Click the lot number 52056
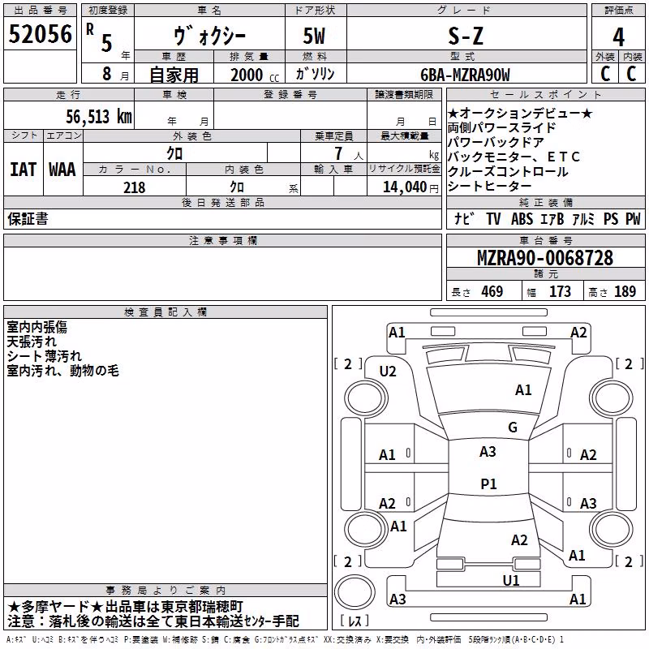coord(40,34)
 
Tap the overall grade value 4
coord(618,37)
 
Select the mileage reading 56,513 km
coord(99,116)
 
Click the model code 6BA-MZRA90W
coord(465,75)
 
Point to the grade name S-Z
coord(466,36)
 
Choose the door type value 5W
coord(314,36)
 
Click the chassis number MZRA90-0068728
coord(545,258)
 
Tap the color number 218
coord(135,187)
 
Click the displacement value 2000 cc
coord(255,75)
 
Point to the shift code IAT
coord(24,170)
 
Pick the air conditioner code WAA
coord(62,170)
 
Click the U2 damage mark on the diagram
coord(388,372)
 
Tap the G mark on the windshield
coord(513,427)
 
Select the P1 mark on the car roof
coord(488,484)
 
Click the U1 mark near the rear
coord(511,580)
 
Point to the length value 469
coord(492,291)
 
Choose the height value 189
coord(625,291)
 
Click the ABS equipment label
coord(522,219)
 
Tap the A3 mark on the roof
coord(488,452)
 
